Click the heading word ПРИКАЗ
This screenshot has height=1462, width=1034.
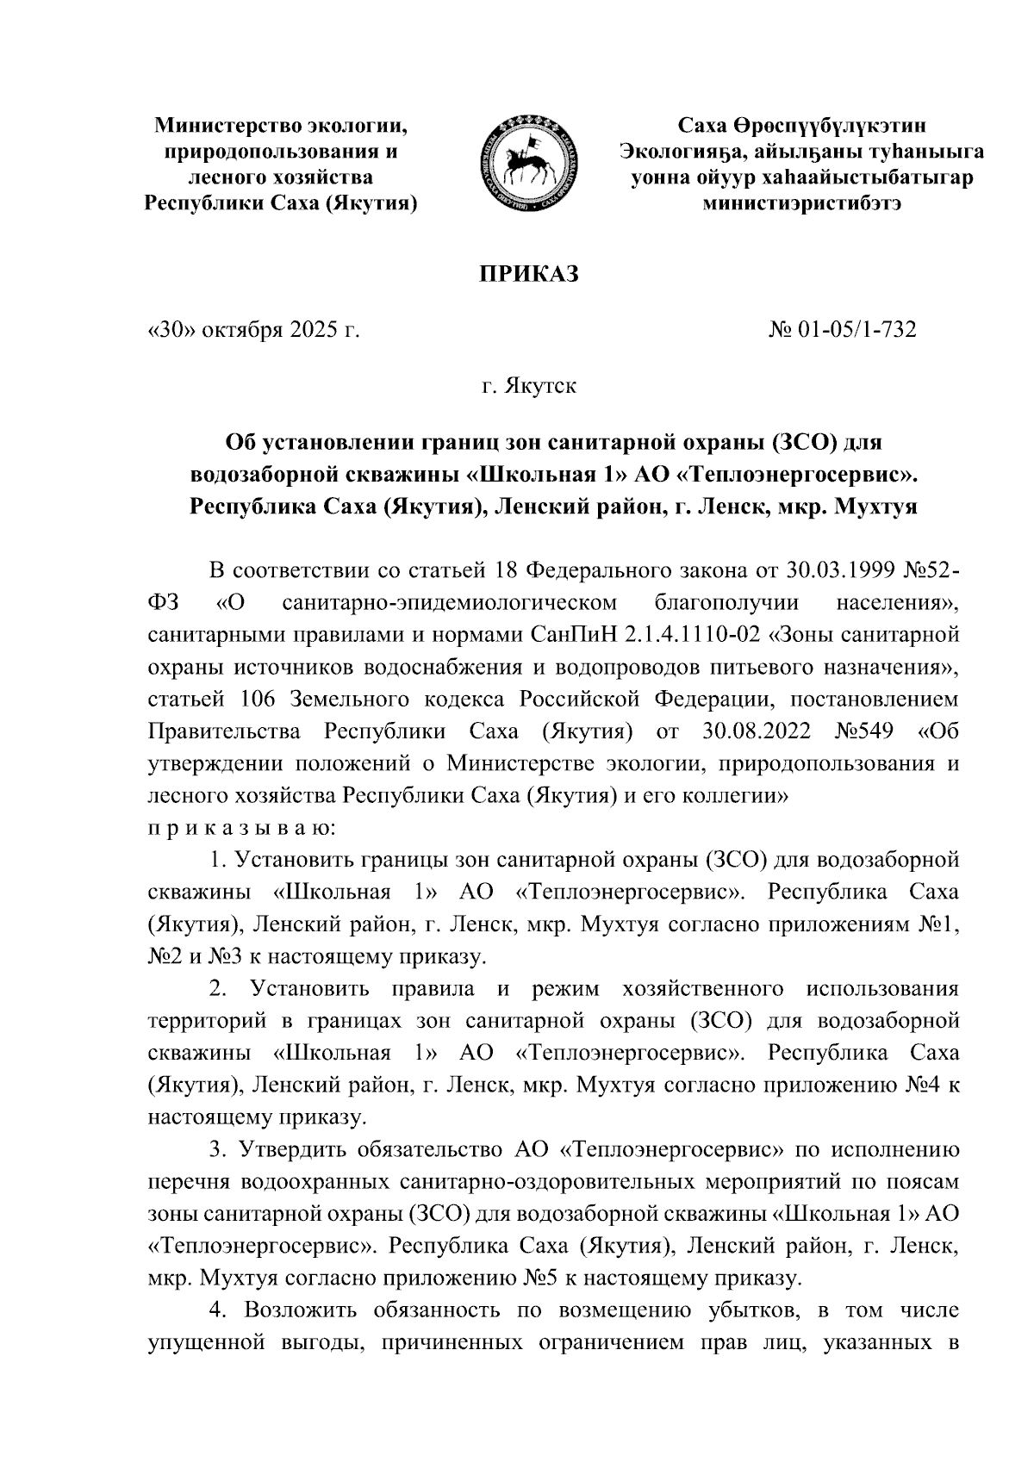[527, 274]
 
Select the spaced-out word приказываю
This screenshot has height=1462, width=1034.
[243, 829]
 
